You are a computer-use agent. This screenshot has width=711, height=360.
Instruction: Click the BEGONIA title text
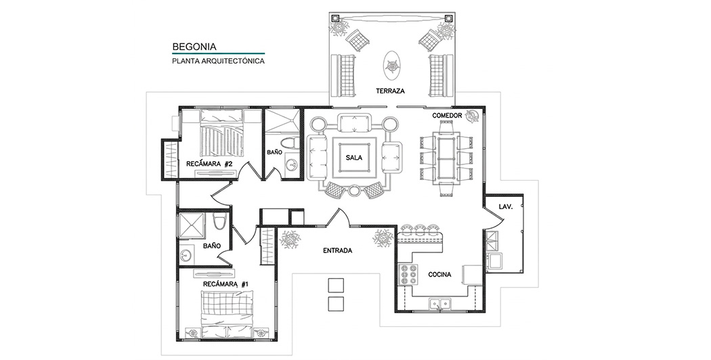tap(194, 46)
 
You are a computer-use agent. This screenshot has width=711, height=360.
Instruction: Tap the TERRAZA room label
tap(390, 91)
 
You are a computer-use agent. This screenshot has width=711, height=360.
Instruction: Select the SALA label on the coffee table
tap(353, 158)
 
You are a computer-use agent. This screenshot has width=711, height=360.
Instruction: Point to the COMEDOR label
tap(447, 116)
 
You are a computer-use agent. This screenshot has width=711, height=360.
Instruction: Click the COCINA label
tap(440, 274)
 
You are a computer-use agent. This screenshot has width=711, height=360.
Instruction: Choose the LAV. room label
tap(506, 207)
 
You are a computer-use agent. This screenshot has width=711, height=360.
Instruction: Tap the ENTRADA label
tap(337, 250)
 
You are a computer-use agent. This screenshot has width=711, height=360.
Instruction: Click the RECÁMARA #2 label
tap(209, 164)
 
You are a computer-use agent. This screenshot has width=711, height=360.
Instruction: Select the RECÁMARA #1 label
tap(225, 284)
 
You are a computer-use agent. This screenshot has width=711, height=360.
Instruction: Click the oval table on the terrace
tap(392, 65)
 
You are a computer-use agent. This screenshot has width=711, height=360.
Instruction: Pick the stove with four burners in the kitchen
tap(408, 274)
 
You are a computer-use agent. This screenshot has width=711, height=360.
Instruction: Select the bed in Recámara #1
tap(227, 309)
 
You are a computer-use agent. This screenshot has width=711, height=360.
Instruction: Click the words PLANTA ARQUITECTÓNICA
tap(218, 61)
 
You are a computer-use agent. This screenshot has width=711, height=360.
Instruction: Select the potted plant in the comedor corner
tap(473, 116)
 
